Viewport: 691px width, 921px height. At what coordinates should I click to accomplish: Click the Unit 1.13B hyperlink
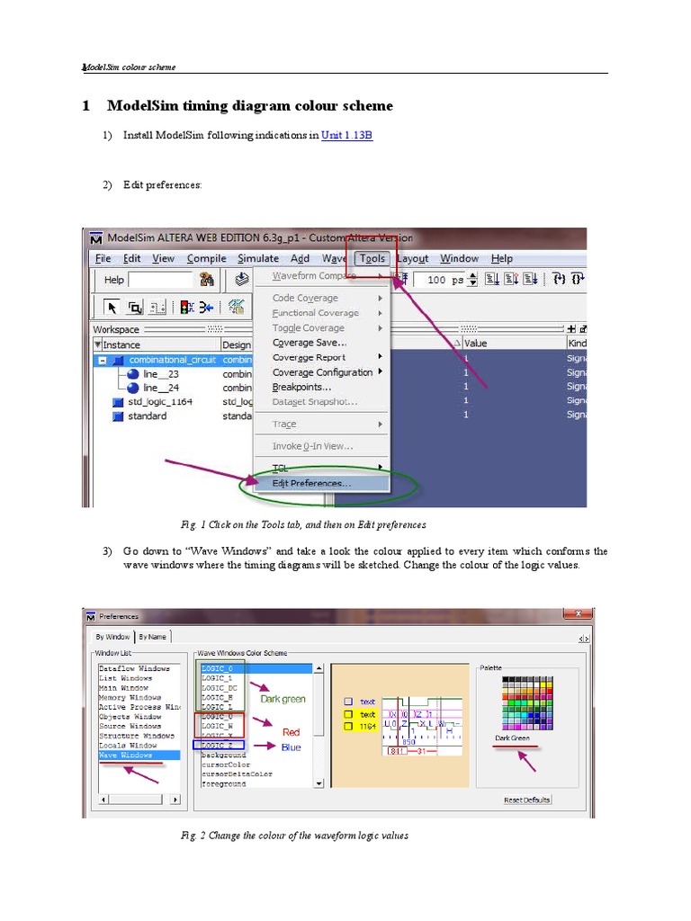point(346,136)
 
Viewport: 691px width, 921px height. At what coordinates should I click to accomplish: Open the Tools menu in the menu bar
point(372,258)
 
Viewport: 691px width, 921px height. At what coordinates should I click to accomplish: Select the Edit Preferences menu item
point(311,483)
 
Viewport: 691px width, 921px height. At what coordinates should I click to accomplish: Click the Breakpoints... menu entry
point(301,387)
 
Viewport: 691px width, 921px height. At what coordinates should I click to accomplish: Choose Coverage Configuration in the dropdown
point(322,372)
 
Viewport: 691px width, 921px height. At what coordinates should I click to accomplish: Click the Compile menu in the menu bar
point(206,258)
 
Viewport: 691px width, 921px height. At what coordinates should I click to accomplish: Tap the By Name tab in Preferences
point(152,637)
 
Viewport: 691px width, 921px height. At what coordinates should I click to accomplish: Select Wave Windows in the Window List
point(125,756)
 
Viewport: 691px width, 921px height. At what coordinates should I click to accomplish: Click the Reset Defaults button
point(527,800)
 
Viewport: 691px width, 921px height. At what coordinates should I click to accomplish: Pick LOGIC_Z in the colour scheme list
point(218,746)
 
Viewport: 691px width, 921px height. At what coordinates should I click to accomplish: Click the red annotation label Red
point(291,732)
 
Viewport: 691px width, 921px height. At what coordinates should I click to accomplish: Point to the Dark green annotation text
point(283,698)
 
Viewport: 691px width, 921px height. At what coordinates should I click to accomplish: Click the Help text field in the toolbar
point(160,280)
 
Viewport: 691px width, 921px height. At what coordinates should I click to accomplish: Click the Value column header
point(475,344)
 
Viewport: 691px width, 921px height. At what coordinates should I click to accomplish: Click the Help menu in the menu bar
point(501,258)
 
